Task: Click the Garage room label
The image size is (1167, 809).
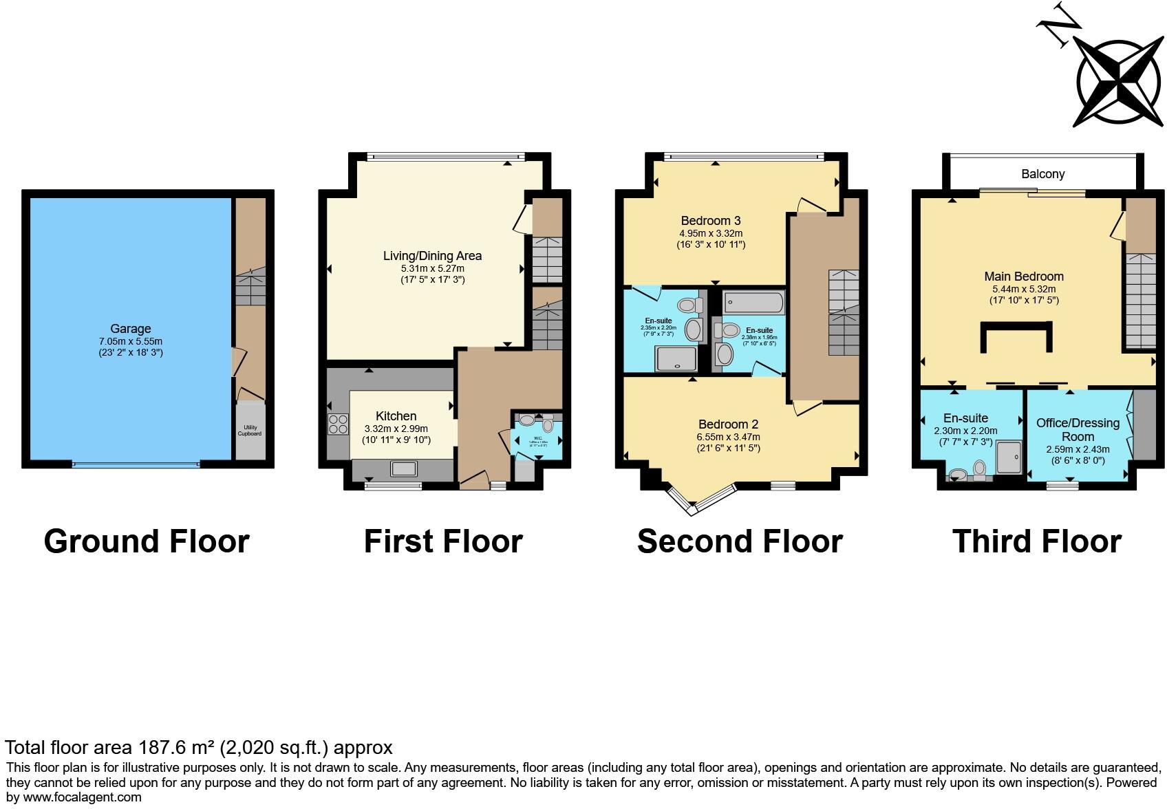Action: pos(130,329)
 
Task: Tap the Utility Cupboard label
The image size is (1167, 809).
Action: pos(250,431)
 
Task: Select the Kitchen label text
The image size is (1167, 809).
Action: pos(396,416)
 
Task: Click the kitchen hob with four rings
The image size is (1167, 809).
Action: pos(338,424)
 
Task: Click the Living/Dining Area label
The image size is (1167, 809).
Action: pos(432,256)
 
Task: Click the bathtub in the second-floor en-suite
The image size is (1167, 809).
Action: pos(753,303)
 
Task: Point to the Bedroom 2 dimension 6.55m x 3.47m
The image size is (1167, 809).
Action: pos(729,437)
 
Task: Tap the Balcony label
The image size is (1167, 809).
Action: pos(1042,174)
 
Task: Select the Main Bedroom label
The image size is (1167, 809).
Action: pos(1023,277)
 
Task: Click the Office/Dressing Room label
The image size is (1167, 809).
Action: pos(1078,430)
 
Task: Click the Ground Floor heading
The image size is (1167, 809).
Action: pos(147,541)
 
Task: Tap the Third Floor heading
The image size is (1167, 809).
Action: pos(1036,541)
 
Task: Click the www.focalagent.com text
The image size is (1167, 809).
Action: pos(83,797)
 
